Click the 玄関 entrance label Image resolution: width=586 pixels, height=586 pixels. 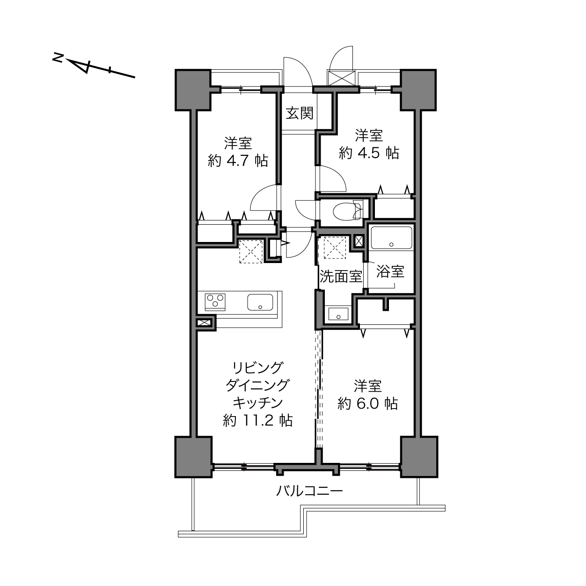299,113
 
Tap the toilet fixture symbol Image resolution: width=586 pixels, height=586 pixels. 348,211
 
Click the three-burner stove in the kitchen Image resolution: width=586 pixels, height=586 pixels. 215,302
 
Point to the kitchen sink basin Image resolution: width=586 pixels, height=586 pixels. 260,302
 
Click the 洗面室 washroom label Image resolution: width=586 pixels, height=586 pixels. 341,277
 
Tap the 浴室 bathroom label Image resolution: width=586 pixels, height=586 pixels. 390,271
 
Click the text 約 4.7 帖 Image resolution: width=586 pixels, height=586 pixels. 238,160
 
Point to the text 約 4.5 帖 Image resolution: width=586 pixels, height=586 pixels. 369,153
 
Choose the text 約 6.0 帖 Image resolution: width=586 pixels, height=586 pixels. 368,403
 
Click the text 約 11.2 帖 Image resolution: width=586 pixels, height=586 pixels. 257,421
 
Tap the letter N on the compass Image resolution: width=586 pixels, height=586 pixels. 58,58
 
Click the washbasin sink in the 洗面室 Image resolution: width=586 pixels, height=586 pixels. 338,314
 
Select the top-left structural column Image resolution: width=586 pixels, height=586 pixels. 193,90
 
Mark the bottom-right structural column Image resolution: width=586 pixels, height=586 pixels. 419,457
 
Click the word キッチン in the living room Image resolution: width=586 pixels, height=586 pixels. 257,403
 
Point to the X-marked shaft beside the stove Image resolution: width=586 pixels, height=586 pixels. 203,322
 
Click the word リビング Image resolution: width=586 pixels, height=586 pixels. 257,368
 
